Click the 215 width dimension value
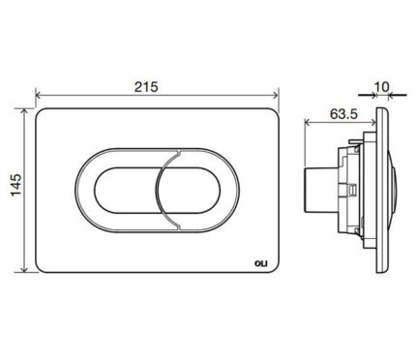146,87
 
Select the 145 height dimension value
16,185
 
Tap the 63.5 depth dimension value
343,114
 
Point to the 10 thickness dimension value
382,86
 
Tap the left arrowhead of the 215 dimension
39,95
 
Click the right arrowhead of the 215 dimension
275,95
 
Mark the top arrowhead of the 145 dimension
24,111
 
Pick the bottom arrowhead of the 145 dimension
24,269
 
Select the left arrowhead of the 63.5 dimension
308,122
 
